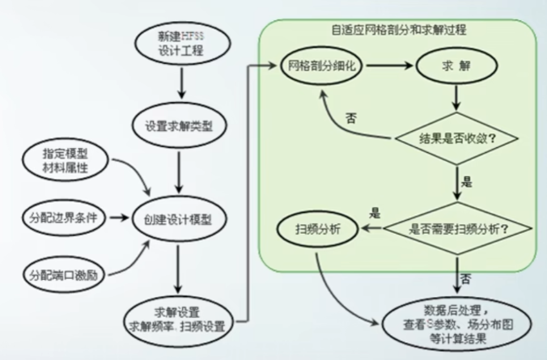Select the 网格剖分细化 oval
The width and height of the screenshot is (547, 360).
(320, 65)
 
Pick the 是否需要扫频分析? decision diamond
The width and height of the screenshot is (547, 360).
(459, 229)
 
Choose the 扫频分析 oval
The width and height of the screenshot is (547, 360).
(319, 230)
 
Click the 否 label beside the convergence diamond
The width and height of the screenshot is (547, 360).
(352, 118)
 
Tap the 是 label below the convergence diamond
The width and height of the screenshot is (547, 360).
(466, 181)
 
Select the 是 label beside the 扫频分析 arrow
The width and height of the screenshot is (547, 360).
(375, 214)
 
